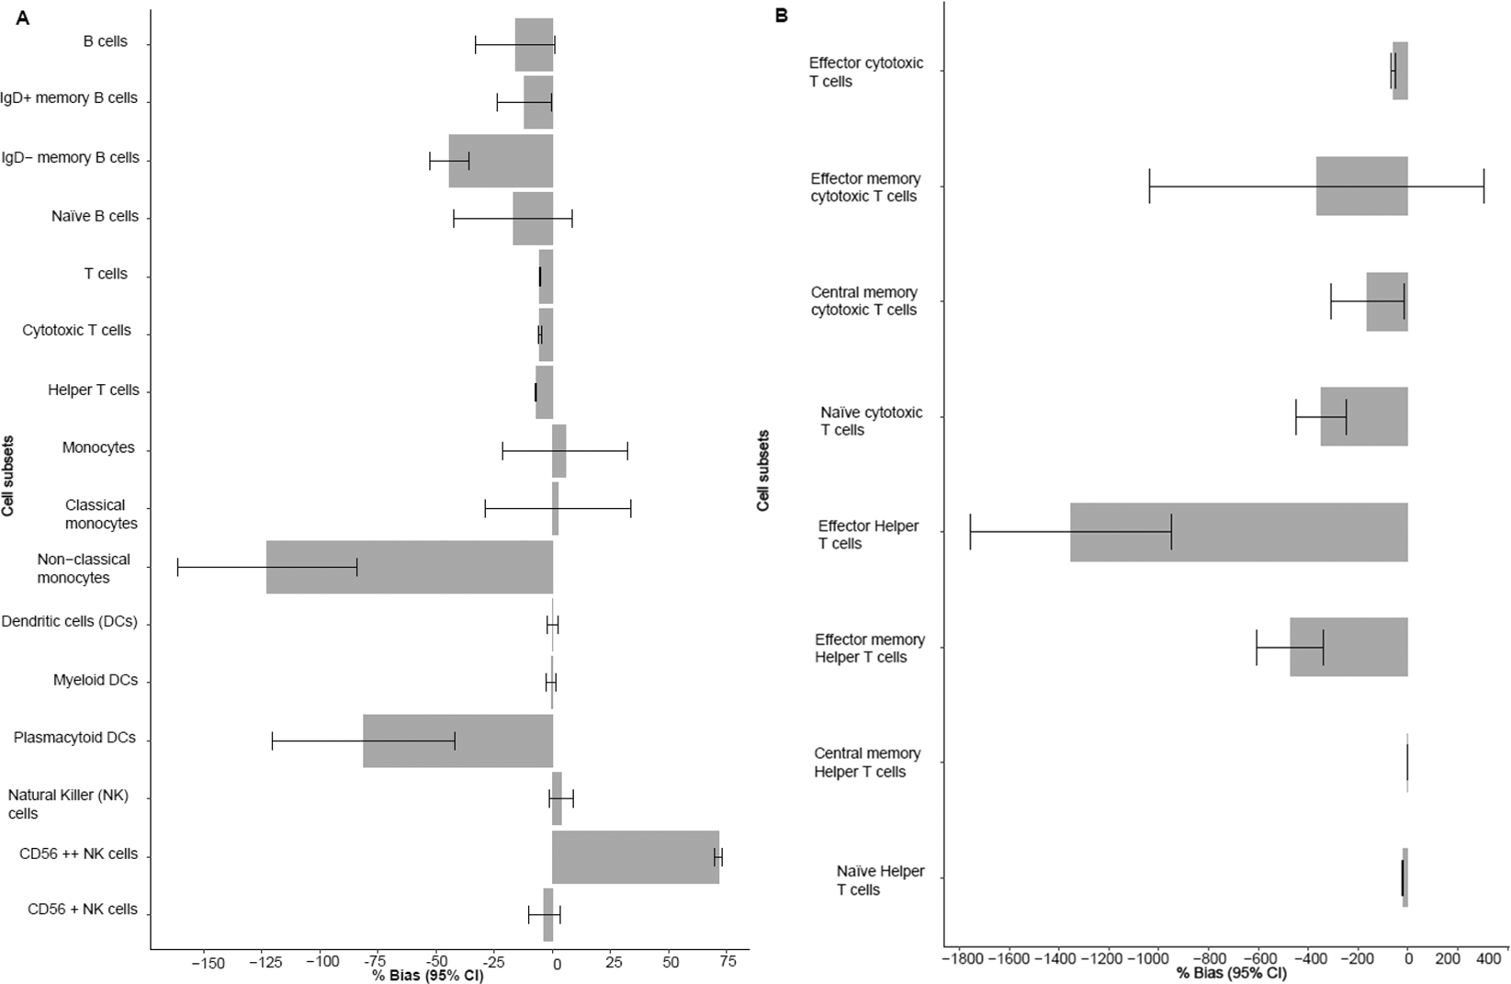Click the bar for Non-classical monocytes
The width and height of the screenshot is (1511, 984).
409,567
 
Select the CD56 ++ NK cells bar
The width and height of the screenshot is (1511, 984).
635,856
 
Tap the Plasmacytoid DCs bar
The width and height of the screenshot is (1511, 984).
457,741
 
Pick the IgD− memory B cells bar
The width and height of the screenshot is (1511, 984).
501,161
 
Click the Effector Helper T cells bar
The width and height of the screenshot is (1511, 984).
1237,532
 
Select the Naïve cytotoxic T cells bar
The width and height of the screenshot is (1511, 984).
1363,416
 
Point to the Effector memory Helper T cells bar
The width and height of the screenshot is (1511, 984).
1347,647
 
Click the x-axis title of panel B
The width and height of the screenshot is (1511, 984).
1231,974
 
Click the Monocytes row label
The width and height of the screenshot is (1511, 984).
98,447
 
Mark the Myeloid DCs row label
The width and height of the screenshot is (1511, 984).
96,680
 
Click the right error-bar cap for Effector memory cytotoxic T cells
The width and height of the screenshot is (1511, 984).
1483,187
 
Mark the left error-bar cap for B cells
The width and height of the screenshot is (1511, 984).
475,44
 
